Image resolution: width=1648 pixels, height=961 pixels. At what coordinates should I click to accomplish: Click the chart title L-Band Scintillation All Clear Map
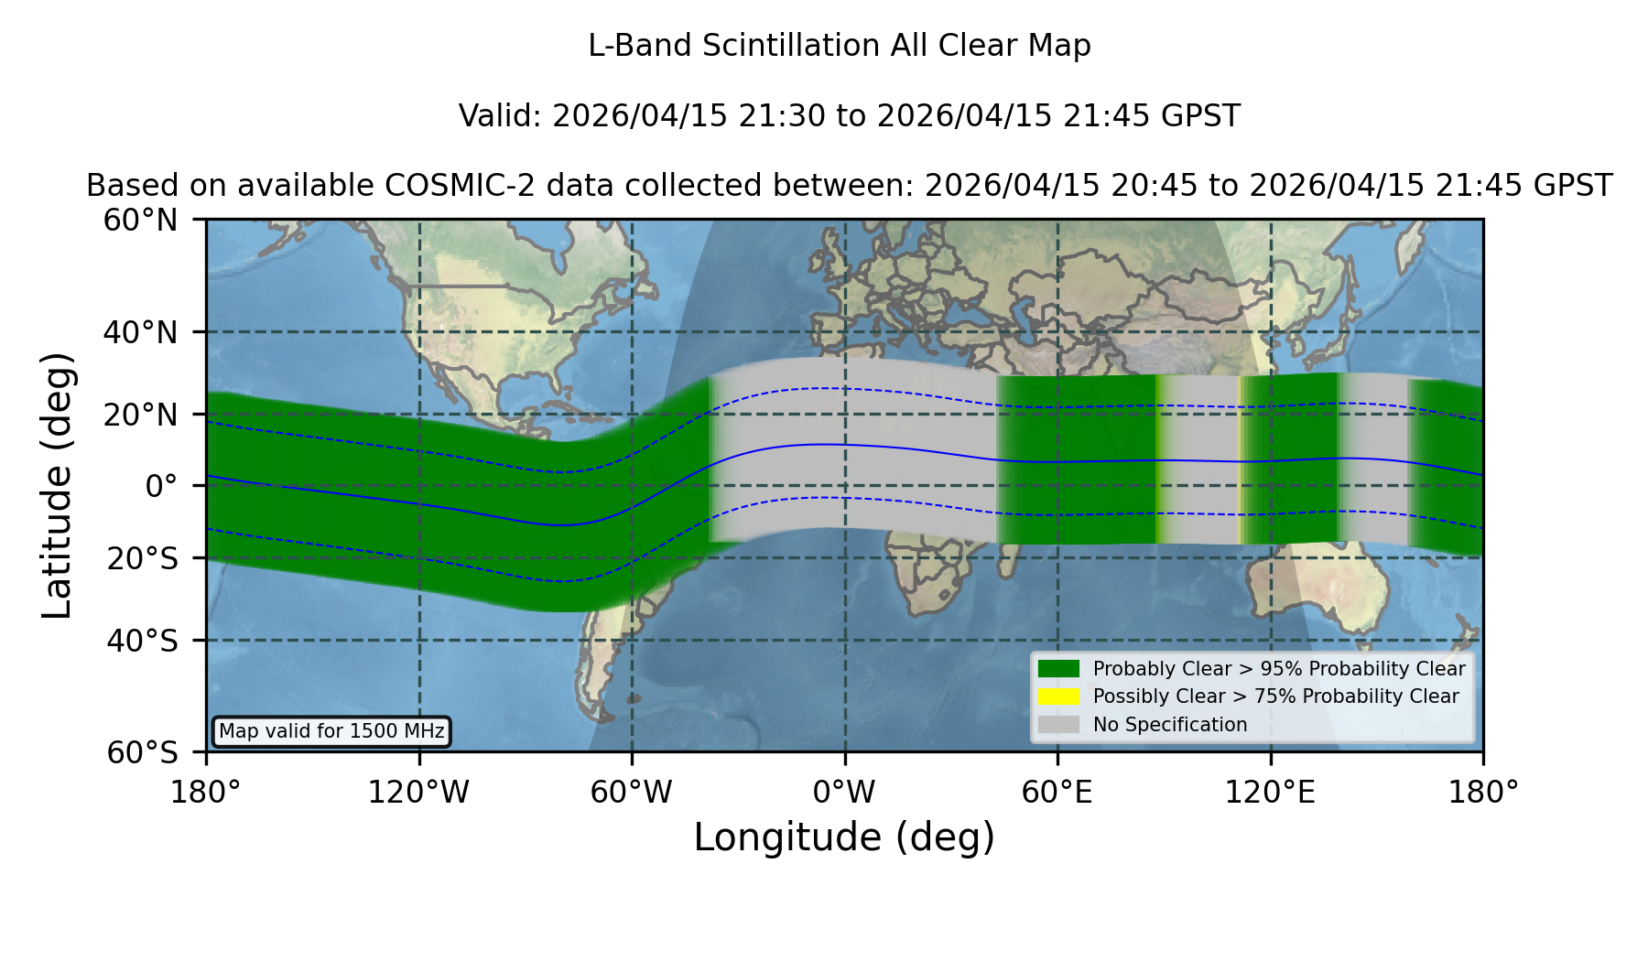(839, 46)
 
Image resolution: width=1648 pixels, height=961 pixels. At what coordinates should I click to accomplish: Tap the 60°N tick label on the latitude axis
(140, 220)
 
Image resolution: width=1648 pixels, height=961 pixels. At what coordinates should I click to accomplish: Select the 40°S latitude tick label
(142, 641)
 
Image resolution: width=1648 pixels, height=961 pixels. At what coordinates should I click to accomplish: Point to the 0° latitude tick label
(161, 486)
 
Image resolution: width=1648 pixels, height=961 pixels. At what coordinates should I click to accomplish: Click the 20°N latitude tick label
(140, 416)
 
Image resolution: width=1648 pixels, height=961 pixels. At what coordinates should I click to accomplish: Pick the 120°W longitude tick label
(418, 792)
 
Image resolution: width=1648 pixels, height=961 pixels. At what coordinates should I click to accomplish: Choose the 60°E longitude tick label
(1057, 792)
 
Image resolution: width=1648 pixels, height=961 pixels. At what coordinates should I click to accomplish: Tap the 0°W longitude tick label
(844, 792)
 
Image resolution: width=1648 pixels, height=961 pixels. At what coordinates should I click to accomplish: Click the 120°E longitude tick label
(1270, 792)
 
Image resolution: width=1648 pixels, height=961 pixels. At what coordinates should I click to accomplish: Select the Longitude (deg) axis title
(844, 837)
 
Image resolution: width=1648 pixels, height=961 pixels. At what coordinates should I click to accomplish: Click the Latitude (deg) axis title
(57, 485)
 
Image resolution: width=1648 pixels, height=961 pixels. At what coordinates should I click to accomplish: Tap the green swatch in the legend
(1058, 669)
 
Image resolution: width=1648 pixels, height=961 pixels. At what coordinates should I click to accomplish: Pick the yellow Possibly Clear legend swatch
(1058, 696)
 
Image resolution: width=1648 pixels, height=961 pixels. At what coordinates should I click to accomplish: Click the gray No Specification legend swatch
(1058, 725)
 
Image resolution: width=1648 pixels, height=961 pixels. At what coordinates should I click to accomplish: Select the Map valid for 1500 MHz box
(331, 731)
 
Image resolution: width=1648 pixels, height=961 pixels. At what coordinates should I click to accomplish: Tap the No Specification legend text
(1170, 725)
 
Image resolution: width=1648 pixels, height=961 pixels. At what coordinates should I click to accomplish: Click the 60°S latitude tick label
(142, 752)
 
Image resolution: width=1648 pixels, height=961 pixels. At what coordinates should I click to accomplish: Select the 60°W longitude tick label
(631, 792)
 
